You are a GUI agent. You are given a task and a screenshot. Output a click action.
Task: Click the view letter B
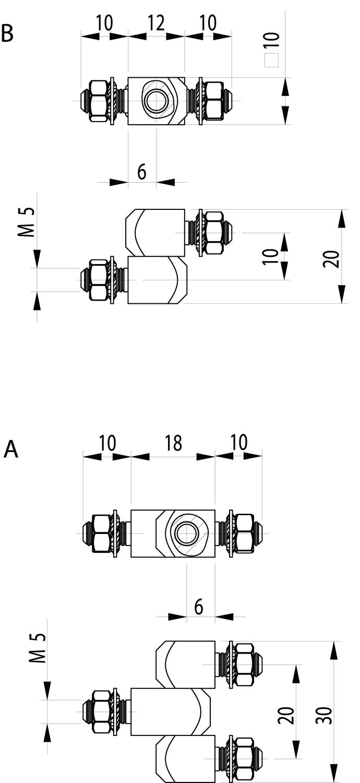7,32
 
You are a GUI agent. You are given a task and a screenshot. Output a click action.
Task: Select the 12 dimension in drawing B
156,23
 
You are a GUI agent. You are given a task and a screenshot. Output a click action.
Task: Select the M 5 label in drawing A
38,648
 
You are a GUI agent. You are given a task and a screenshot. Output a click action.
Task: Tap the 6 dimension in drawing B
142,171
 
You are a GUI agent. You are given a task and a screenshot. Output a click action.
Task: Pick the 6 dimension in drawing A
199,607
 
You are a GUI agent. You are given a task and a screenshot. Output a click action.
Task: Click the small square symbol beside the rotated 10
271,61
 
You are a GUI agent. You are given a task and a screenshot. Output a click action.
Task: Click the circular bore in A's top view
185,533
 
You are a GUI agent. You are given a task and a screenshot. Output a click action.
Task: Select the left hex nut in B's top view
98,101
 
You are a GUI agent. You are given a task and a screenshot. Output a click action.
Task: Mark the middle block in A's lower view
170,711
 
